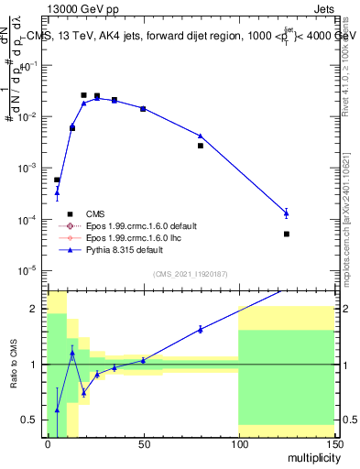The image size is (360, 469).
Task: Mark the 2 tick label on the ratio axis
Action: coord(36,309)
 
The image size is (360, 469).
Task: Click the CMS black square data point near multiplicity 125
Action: coord(286,234)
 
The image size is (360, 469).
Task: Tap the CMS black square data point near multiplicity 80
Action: coord(201,146)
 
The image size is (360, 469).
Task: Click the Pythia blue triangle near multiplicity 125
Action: coord(286,213)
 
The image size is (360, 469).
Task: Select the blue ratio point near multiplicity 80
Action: coord(201,329)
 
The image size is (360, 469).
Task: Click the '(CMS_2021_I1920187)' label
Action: coord(190,274)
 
